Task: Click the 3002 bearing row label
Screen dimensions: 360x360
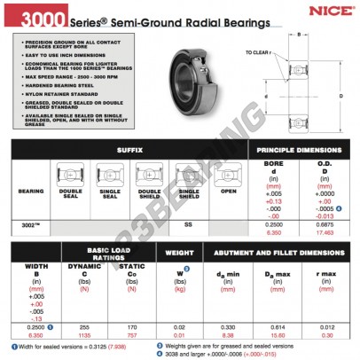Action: [29, 225]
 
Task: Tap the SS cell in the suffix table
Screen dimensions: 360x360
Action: [188, 225]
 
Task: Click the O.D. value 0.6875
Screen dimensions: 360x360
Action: [325, 225]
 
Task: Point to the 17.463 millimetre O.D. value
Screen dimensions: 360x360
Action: [325, 231]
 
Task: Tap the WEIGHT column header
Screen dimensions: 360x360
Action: [178, 253]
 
